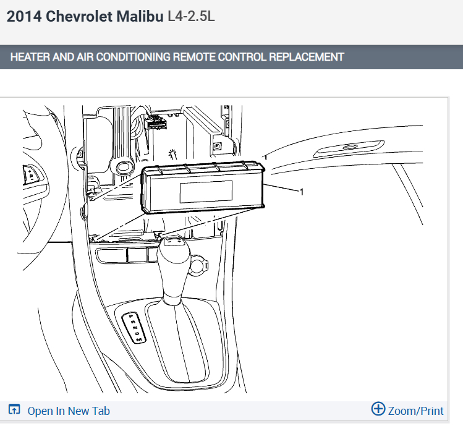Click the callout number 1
pyautogui.click(x=302, y=192)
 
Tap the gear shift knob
pyautogui.click(x=173, y=251)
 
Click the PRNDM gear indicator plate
pyautogui.click(x=134, y=328)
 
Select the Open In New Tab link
pyautogui.click(x=69, y=411)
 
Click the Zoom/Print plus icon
pyautogui.click(x=378, y=409)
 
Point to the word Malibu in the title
pyautogui.click(x=140, y=16)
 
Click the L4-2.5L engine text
pyautogui.click(x=191, y=16)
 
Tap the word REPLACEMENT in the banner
pyautogui.click(x=307, y=57)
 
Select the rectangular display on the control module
pyautogui.click(x=206, y=192)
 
